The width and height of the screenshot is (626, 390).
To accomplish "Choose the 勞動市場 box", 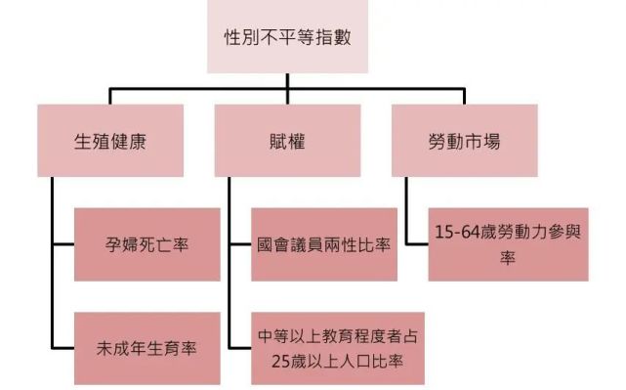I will click(458, 141).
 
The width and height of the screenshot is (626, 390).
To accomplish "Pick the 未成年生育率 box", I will click(147, 347).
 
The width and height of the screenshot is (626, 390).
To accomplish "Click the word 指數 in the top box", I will click(333, 39).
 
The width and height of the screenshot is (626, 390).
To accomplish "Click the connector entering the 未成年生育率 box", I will click(64, 347).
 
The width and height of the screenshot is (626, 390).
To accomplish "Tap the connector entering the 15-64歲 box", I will click(416, 244).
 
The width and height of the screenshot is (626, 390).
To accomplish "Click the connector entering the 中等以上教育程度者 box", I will click(239, 347).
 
